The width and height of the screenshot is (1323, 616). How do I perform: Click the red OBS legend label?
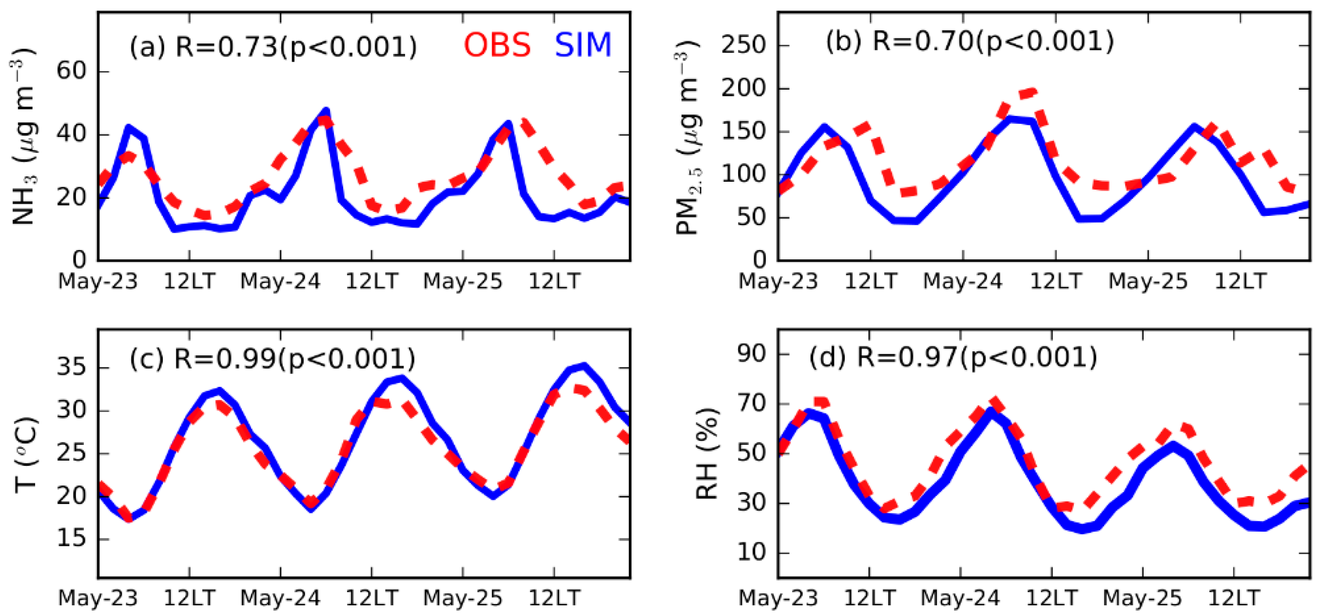(497, 45)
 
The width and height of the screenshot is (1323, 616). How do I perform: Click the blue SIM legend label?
(584, 45)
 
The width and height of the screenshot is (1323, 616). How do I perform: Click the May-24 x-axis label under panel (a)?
(280, 282)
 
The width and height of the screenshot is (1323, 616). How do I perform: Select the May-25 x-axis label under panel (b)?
(1148, 282)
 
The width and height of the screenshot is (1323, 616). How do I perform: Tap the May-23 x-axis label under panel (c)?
(98, 598)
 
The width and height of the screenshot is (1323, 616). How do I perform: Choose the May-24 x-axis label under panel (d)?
(960, 598)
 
